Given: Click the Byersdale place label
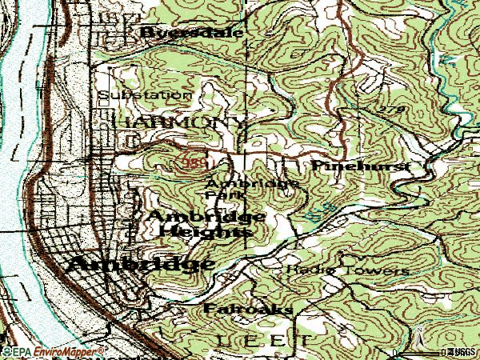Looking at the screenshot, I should [191, 32].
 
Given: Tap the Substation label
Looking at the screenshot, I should [145, 94].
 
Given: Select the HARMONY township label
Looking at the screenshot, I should [180, 122].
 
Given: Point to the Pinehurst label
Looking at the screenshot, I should [359, 165].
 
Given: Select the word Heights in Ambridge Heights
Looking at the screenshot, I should [205, 231].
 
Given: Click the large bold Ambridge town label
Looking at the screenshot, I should [141, 264].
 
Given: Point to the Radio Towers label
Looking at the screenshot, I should [348, 270].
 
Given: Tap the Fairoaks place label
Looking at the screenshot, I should [237, 308].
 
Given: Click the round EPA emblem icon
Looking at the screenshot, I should [6, 351].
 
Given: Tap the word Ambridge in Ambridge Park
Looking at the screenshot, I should [253, 182].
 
